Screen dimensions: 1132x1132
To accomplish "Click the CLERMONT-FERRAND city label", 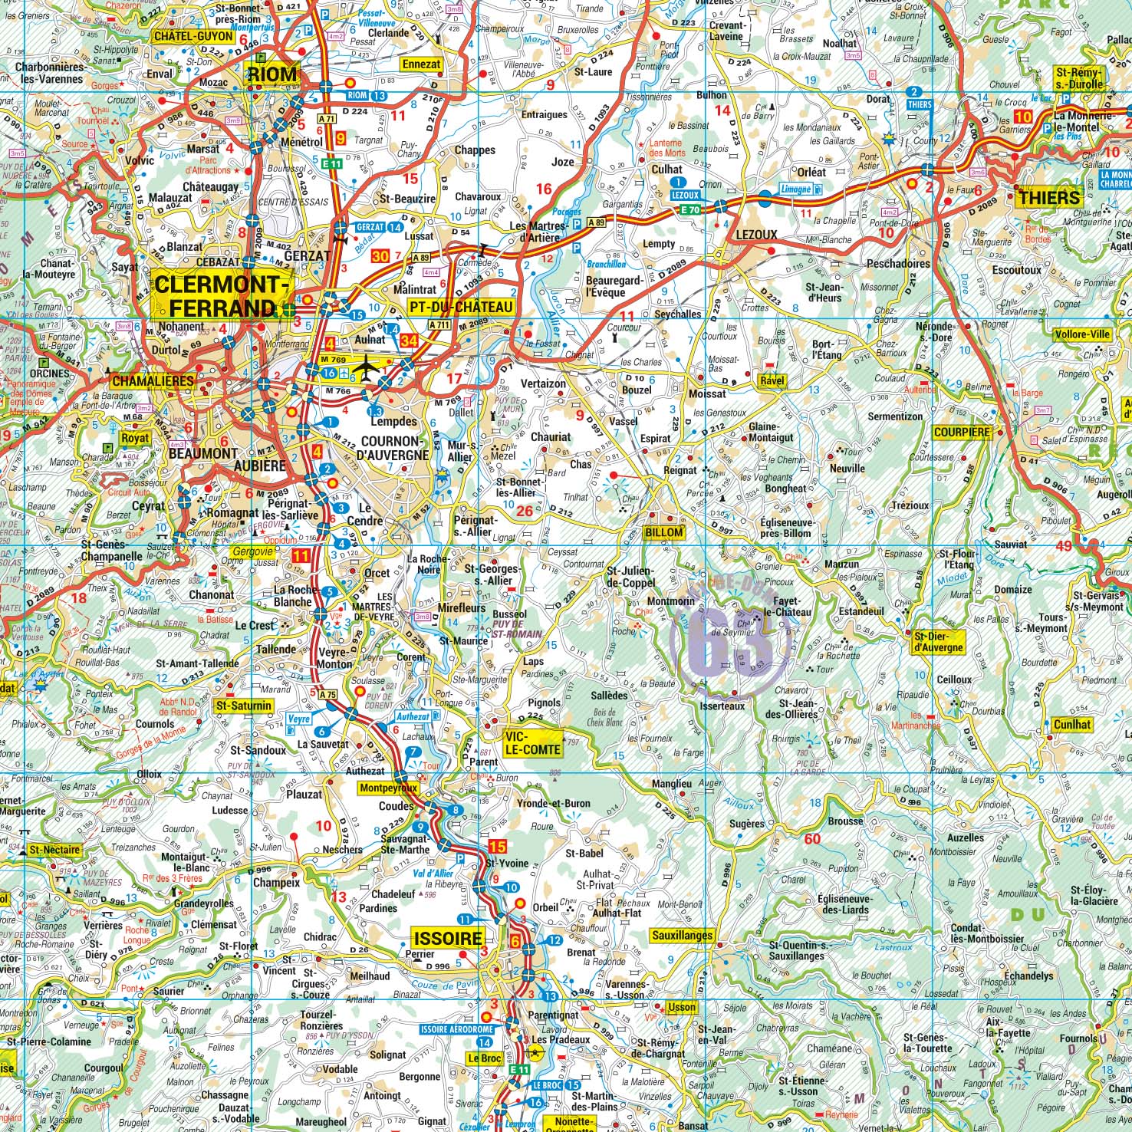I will pos(222,296).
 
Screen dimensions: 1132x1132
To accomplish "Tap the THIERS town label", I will pos(1048,198).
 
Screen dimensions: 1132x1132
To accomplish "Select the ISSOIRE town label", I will pos(448,938).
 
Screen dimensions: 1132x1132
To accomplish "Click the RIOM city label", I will pos(271,74).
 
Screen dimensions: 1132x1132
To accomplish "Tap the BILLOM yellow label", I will pos(663,532).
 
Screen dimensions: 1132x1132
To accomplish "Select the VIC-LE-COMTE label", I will pos(532,742).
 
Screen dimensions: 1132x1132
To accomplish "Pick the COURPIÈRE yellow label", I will pos(962,433).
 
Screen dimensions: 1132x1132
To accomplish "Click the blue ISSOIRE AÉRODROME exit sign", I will pos(456,1029).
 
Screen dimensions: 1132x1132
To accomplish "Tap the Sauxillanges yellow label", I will pos(682,936).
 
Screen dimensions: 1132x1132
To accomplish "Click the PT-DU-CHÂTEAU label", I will pos(460,308).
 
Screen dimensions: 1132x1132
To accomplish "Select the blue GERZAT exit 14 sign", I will pos(379,228).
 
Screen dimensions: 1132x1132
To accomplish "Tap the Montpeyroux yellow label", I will pos(388,788).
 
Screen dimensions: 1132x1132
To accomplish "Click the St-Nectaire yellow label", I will pos(54,850).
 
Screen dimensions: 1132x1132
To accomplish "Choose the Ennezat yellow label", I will pos(422,64).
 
